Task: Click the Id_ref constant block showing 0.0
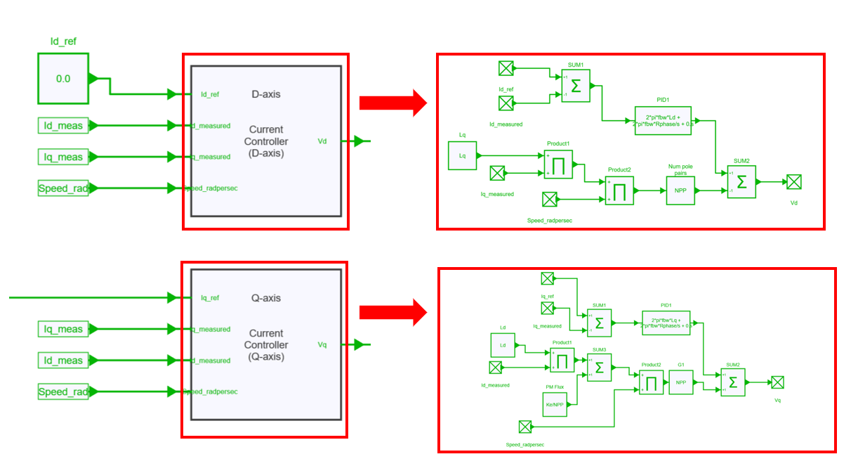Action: pos(63,78)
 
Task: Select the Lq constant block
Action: pos(462,155)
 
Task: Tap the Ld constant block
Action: pos(503,345)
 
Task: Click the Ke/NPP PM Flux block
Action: pos(555,405)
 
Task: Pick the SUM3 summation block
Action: pos(599,368)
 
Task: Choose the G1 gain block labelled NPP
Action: pos(680,382)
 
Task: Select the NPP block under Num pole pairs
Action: pos(680,190)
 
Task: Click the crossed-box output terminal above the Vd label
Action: pos(793,182)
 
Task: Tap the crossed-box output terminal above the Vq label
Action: pos(777,382)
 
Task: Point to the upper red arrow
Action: pos(393,103)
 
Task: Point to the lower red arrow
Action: pos(393,312)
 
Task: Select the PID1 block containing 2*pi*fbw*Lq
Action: pos(666,323)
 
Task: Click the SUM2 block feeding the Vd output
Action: pos(741,181)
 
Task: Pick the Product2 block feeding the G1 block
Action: pos(651,383)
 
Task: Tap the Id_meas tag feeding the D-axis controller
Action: pos(63,126)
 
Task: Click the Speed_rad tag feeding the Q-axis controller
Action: pos(63,391)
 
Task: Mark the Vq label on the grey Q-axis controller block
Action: pos(322,345)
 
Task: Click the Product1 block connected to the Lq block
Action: pos(558,164)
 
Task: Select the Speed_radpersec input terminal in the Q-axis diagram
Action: pos(525,427)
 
